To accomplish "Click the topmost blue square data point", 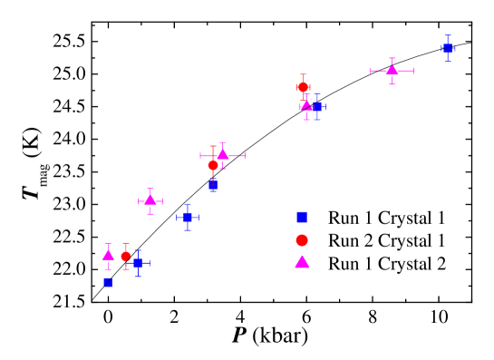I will [x=448, y=48].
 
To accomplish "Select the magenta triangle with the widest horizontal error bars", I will [x=392, y=70].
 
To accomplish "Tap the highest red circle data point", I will [x=303, y=87].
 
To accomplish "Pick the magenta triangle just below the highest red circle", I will [x=306, y=105].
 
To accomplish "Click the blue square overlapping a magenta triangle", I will [x=317, y=107].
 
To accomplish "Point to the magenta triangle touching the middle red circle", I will [x=222, y=154].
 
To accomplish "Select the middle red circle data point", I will [x=213, y=165].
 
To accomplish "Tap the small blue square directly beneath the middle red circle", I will [x=213, y=186].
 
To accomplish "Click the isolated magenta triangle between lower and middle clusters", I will [x=150, y=199].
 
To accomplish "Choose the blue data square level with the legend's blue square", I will [x=188, y=217].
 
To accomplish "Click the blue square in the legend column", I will [x=302, y=217].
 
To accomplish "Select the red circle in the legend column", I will [x=302, y=240].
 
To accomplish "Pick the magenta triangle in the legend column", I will [x=302, y=262].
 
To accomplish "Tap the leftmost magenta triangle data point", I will [x=109, y=255].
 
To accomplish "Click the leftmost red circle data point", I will [x=126, y=256].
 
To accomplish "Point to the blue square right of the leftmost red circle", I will [x=138, y=263].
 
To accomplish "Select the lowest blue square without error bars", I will [x=108, y=282].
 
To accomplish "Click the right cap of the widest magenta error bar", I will [x=413, y=70].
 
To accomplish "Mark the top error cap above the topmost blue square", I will [x=448, y=35].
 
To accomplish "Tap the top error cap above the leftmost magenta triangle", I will [x=109, y=243].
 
